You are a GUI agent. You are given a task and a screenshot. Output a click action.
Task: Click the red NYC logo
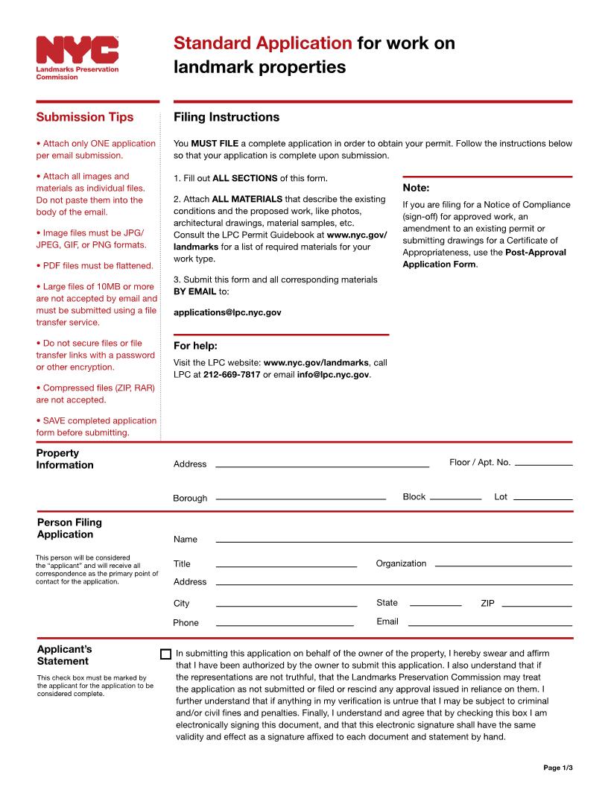click(x=77, y=50)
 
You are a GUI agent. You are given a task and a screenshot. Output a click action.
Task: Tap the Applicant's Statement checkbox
click(x=165, y=654)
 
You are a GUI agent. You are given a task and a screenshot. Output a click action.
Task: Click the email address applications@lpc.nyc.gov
click(x=227, y=313)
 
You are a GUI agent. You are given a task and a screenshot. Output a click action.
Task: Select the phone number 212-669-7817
click(x=232, y=375)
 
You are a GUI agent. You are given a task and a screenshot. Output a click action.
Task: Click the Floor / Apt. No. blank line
click(x=543, y=465)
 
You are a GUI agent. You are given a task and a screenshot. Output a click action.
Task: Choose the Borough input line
click(x=300, y=498)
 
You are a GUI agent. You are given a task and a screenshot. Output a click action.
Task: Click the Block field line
click(x=455, y=498)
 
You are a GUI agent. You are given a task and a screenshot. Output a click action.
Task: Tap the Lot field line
click(x=542, y=498)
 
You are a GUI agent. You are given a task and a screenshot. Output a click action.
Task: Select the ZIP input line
click(x=536, y=606)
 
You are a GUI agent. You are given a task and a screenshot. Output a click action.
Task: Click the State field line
click(x=436, y=606)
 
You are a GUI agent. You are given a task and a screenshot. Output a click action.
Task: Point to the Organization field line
click(x=503, y=566)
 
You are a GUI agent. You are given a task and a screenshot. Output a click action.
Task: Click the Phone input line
click(x=285, y=625)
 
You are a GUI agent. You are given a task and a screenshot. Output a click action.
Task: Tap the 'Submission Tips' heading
click(x=85, y=117)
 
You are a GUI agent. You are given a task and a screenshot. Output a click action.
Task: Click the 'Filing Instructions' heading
click(x=227, y=117)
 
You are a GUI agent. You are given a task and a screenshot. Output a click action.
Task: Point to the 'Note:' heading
click(x=416, y=188)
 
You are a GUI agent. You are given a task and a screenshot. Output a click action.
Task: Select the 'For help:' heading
click(x=195, y=346)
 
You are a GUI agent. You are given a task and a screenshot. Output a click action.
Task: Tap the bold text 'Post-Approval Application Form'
click(x=484, y=259)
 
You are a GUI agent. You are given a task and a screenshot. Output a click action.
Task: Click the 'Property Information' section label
click(x=65, y=459)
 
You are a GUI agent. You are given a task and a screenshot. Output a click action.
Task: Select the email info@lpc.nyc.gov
click(x=333, y=375)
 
